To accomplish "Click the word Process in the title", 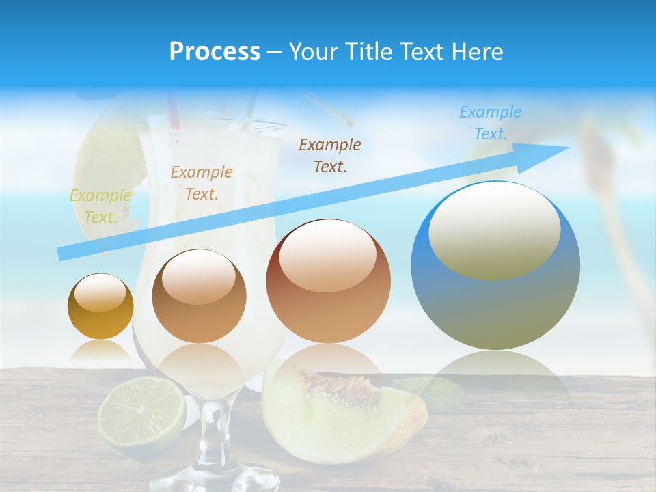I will click(x=215, y=52).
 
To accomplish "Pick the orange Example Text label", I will click(x=202, y=183).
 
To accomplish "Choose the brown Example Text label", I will click(x=330, y=156).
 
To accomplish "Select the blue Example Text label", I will click(x=491, y=123).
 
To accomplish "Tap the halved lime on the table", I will click(x=142, y=412).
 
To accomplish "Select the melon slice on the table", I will click(x=342, y=410).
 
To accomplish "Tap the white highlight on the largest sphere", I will click(x=494, y=229).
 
